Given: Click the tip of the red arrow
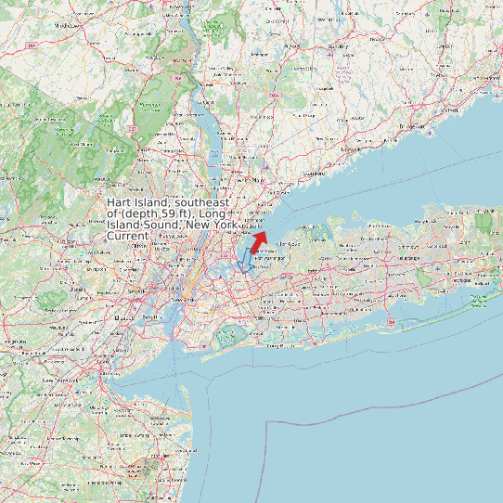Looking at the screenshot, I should (x=264, y=233).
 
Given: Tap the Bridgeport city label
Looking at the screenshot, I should (x=411, y=125).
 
